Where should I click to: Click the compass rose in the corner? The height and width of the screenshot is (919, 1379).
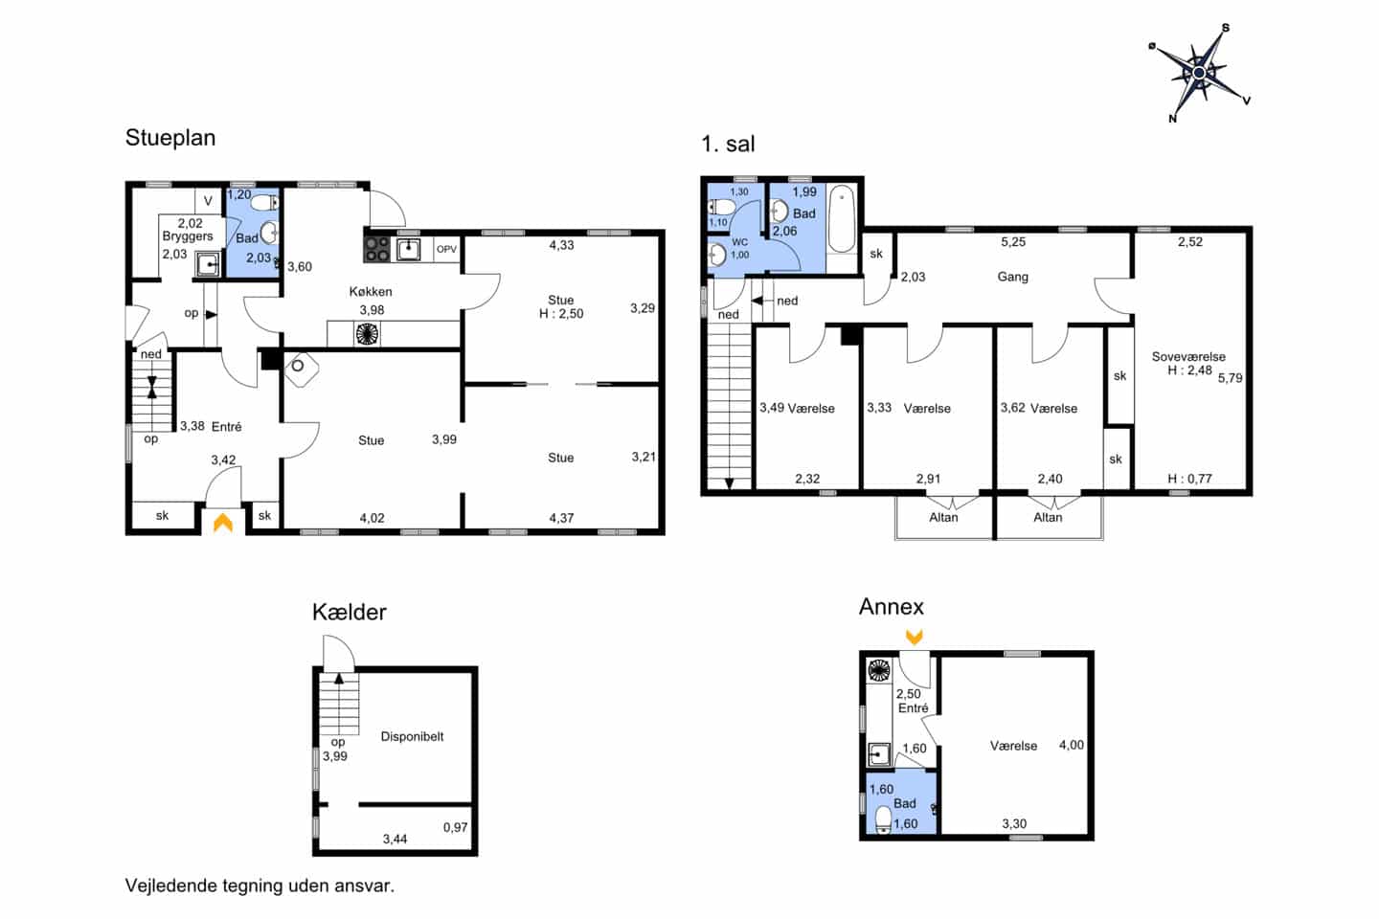click(1199, 74)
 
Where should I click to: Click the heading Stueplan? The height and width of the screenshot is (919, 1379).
click(170, 138)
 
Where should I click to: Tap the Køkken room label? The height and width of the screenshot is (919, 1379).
click(371, 292)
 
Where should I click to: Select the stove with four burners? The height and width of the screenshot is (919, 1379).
click(377, 249)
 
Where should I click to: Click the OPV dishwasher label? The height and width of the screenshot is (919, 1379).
click(447, 249)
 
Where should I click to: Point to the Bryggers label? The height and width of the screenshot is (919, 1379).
click(188, 236)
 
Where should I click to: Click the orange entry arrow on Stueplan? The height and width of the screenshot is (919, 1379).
click(223, 523)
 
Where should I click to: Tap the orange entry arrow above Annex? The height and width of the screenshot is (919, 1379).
click(915, 638)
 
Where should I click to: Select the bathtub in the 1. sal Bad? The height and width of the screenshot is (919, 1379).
click(841, 219)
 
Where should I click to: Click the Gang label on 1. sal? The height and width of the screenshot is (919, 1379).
click(1013, 277)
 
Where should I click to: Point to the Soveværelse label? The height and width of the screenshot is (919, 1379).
click(1188, 356)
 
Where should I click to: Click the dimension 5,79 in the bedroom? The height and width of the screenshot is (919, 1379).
click(1230, 378)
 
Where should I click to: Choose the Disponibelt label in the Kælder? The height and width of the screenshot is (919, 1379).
click(412, 737)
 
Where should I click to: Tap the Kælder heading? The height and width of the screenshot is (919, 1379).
click(349, 613)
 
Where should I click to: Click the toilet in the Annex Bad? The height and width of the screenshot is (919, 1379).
click(883, 819)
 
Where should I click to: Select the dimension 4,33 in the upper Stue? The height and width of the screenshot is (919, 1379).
click(561, 245)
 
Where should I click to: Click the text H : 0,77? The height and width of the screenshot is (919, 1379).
click(1189, 479)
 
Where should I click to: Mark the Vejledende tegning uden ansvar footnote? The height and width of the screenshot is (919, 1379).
click(260, 885)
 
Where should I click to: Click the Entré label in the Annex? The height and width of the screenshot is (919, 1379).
click(913, 708)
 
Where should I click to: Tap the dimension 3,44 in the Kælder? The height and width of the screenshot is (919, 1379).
click(395, 839)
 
